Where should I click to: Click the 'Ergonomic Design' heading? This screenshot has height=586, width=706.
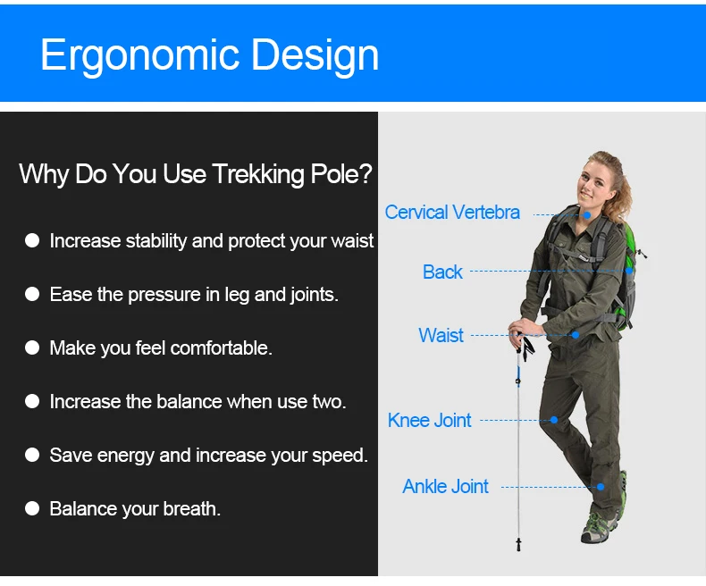[x=210, y=55]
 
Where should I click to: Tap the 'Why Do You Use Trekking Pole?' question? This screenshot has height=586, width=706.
[x=196, y=173]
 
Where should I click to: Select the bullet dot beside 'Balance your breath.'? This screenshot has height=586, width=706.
[x=32, y=508]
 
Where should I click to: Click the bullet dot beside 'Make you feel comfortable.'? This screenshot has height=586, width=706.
[x=32, y=347]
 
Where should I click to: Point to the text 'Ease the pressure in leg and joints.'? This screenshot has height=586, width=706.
[x=194, y=295]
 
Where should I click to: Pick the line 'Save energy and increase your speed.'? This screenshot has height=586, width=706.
[x=209, y=456]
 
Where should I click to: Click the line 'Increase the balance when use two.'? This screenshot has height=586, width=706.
[x=198, y=401]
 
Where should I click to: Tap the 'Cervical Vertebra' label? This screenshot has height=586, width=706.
[x=452, y=213]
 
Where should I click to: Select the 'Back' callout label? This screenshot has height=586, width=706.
[x=442, y=272]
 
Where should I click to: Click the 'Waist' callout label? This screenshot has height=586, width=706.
[x=441, y=335]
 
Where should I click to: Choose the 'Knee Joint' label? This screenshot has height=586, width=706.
[x=430, y=421]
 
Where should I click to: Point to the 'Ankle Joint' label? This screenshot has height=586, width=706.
[x=445, y=487]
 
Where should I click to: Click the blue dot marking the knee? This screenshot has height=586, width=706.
[x=554, y=420]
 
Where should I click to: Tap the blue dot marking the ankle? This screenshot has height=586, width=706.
[x=601, y=487]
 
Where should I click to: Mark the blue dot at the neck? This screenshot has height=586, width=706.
[x=587, y=215]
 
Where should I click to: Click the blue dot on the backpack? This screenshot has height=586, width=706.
[x=629, y=271]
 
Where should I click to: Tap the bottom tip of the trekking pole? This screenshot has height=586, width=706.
[x=518, y=549]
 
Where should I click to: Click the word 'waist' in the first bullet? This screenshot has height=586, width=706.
[x=352, y=241]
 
